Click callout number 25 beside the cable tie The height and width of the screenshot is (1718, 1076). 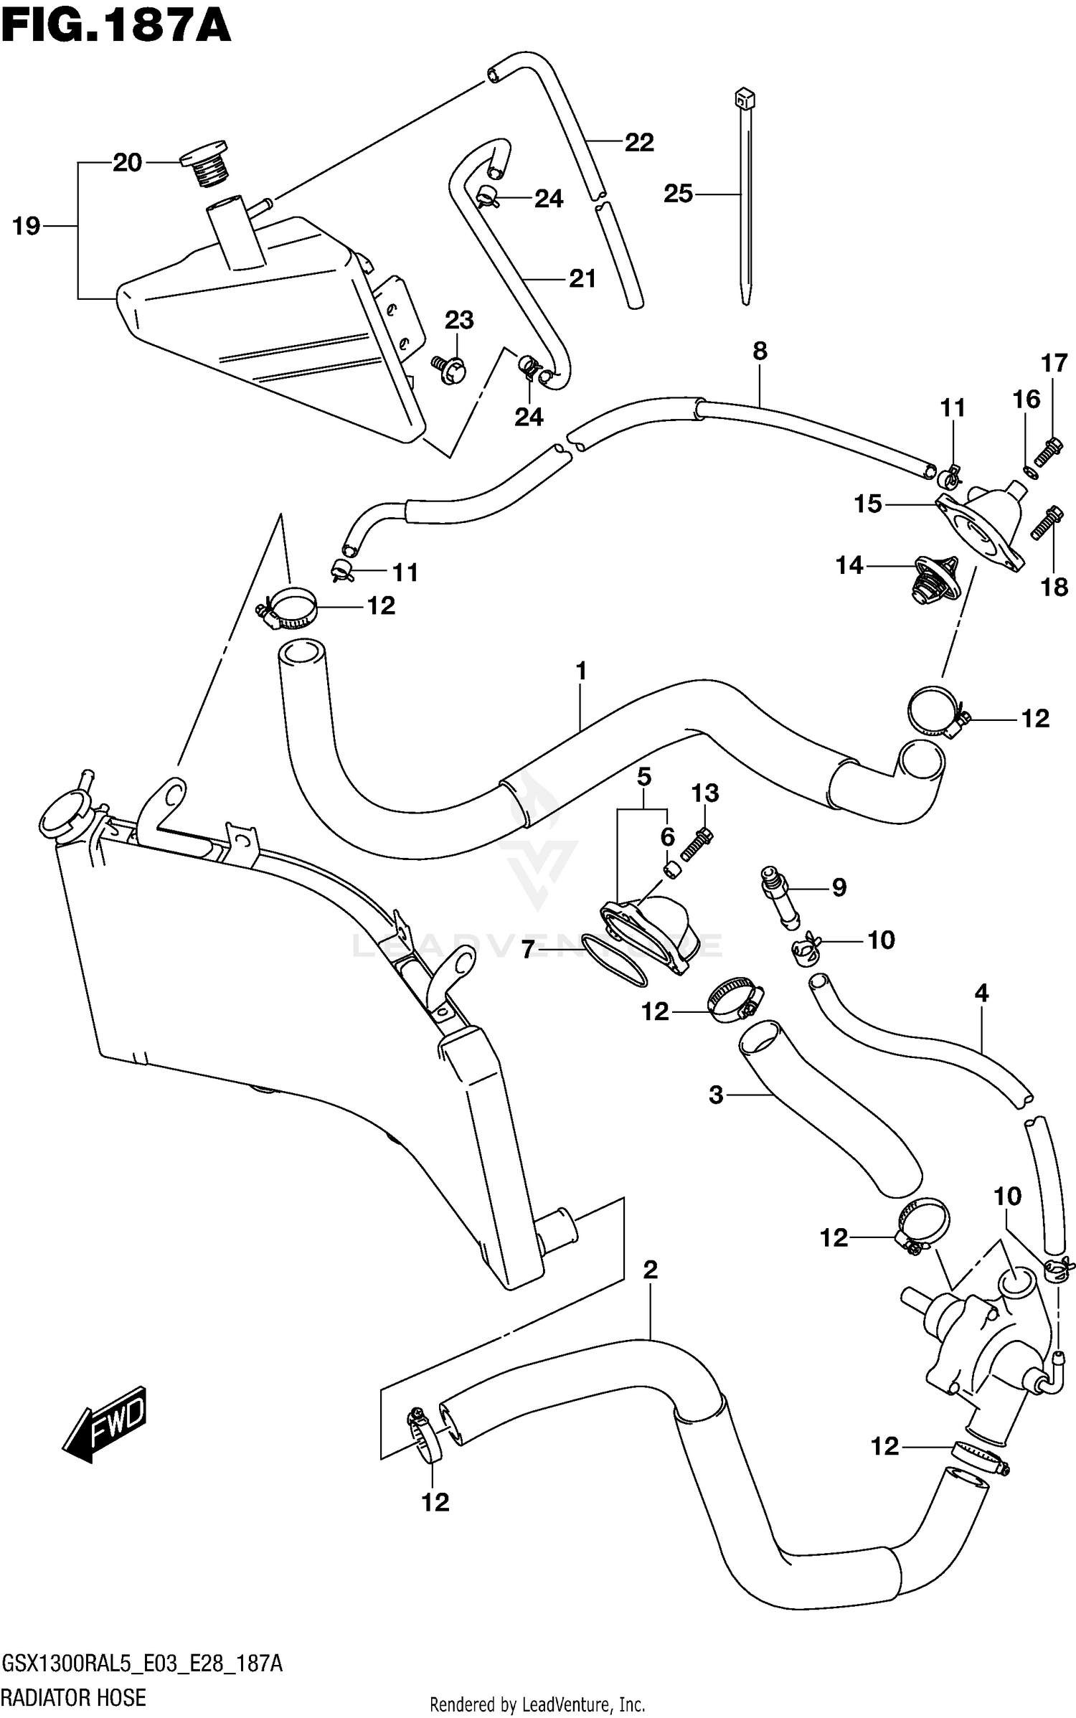click(678, 194)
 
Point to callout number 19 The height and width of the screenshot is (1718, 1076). click(27, 227)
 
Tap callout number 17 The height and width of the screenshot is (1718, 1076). click(1054, 363)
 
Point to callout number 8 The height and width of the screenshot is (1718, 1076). click(760, 351)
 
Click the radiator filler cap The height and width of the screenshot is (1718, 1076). click(66, 813)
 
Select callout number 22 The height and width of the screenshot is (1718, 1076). click(638, 143)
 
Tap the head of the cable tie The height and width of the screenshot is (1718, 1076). click(744, 98)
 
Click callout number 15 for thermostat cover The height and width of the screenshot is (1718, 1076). click(867, 504)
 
